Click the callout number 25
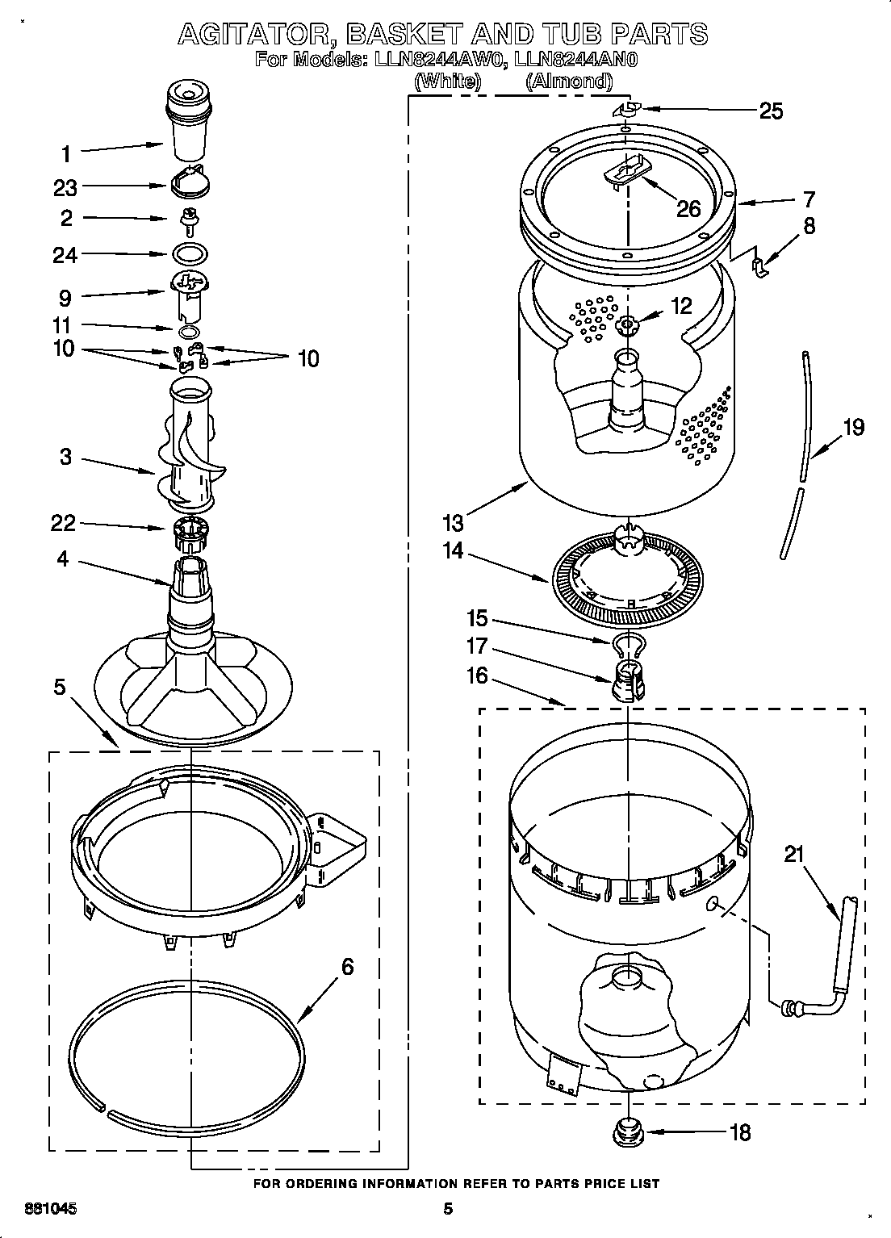[771, 111]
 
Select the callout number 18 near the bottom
[738, 1132]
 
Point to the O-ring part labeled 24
[190, 254]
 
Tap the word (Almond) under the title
[568, 81]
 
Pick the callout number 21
[795, 853]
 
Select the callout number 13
[453, 522]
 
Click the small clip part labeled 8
[759, 265]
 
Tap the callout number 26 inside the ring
[688, 208]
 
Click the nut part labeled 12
[627, 324]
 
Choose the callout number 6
[347, 966]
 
